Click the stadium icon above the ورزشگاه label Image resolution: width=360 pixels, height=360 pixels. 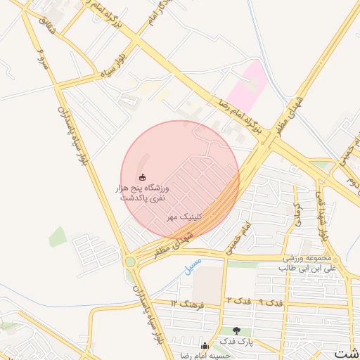[143, 177]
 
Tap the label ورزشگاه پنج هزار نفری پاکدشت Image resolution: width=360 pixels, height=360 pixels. [143, 193]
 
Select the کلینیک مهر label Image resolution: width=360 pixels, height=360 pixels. [184, 219]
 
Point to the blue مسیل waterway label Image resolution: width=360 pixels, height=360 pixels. [192, 266]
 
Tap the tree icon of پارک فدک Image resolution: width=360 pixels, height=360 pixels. [236, 330]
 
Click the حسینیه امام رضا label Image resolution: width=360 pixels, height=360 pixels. [205, 356]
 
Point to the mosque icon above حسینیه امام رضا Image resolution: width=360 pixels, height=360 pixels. [205, 346]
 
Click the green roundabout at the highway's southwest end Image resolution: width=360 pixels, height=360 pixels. [130, 262]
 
